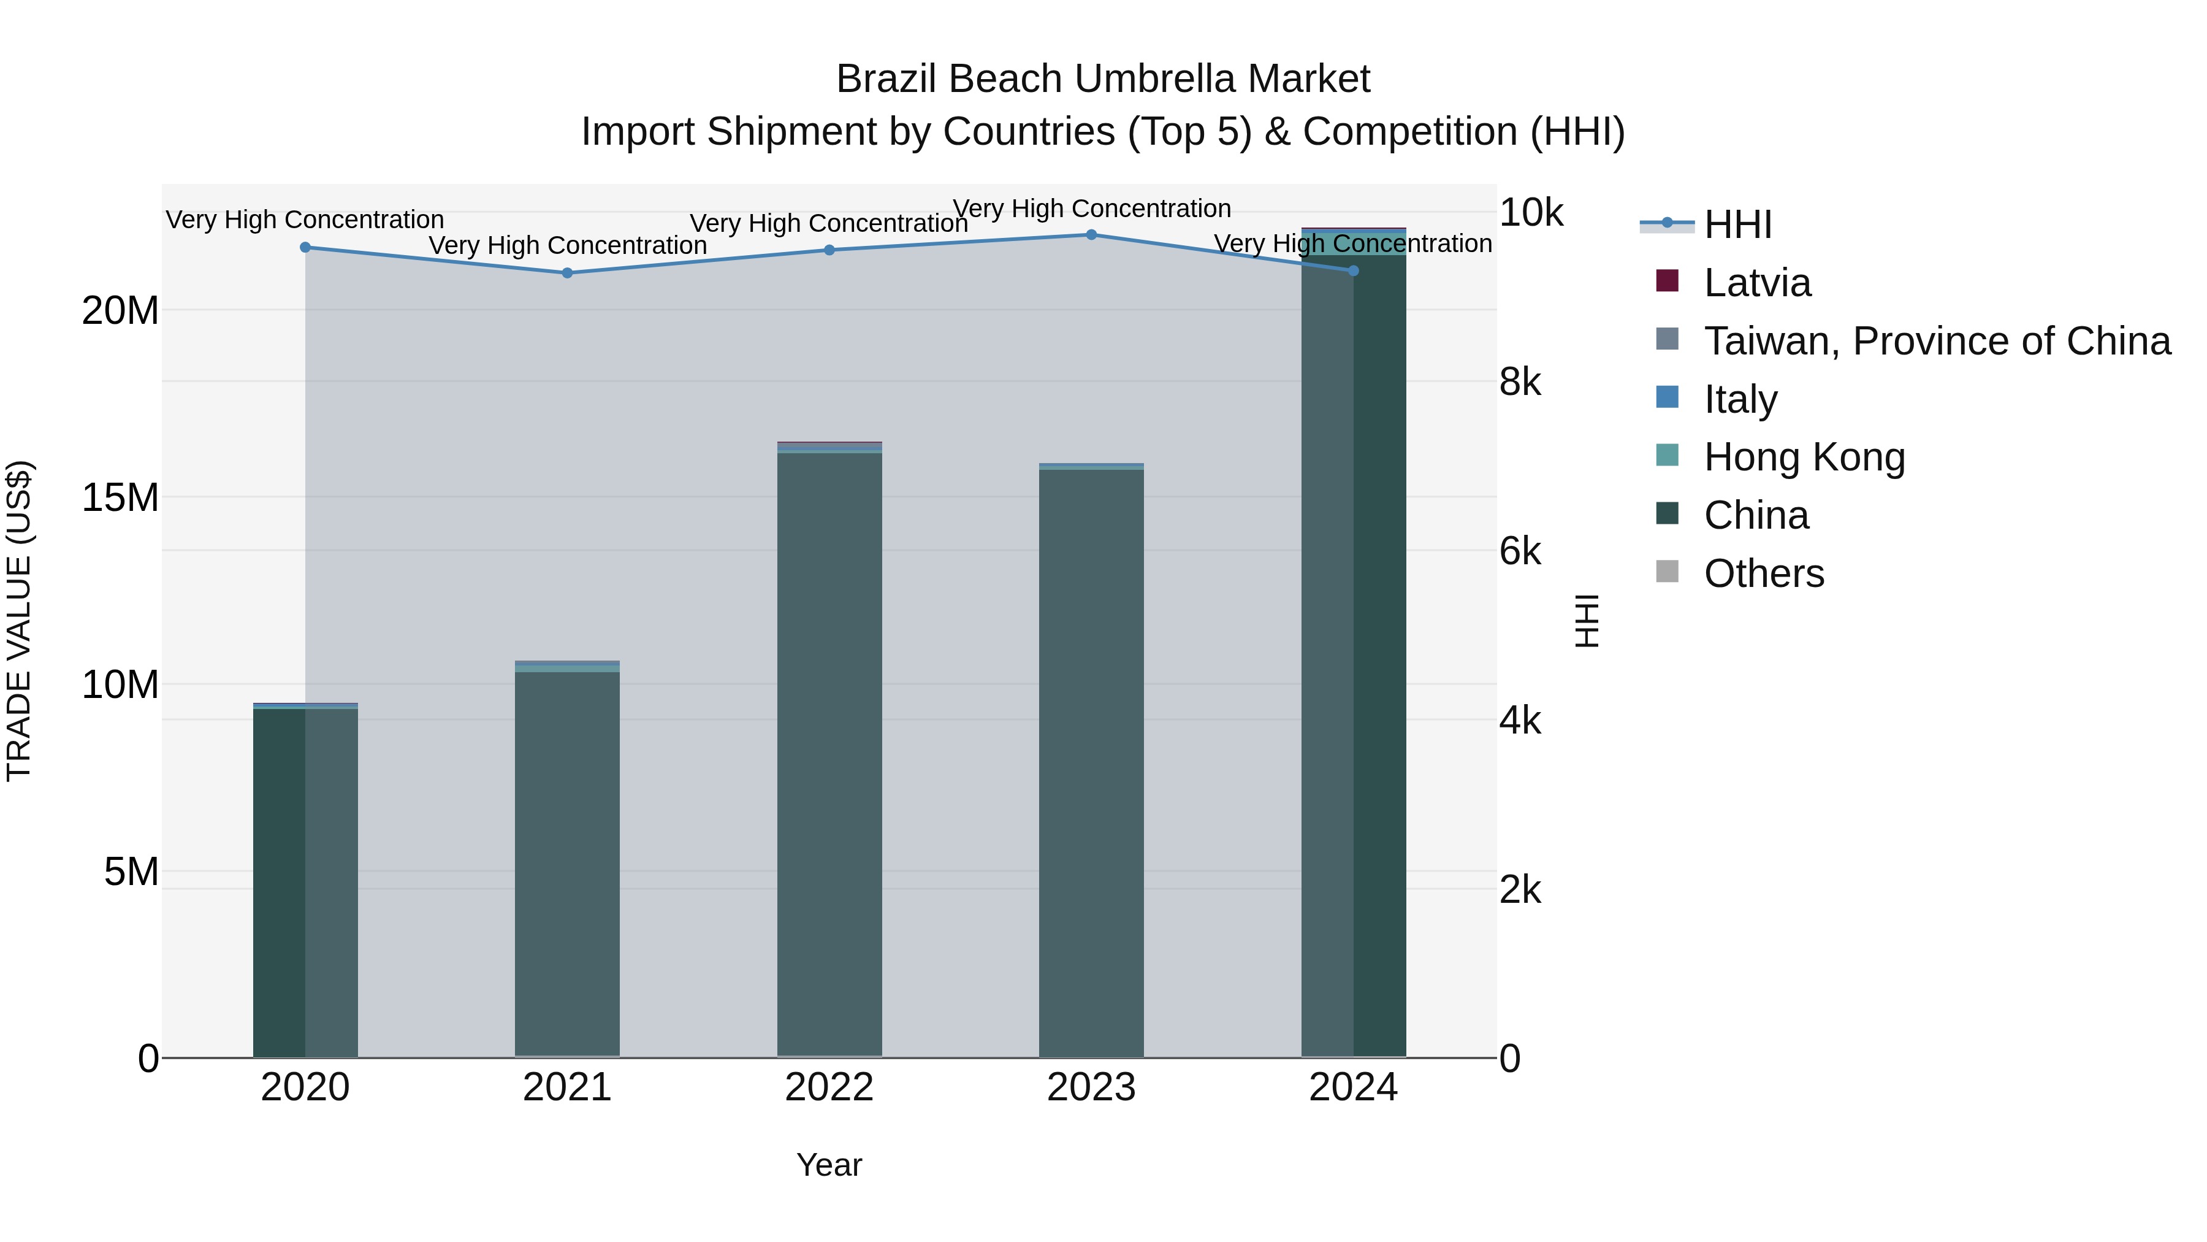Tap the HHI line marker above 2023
[1091, 235]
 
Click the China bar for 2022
[829, 754]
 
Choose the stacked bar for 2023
[1091, 763]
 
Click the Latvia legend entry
[1756, 283]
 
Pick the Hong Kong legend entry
[1804, 457]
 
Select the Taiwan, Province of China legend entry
[1936, 341]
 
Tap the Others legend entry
[1763, 573]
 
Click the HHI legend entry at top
[1737, 224]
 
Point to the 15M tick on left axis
[120, 498]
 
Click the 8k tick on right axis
[1520, 382]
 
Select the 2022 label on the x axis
[829, 1087]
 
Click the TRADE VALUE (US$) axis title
[19, 621]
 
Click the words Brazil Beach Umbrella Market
[1103, 79]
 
